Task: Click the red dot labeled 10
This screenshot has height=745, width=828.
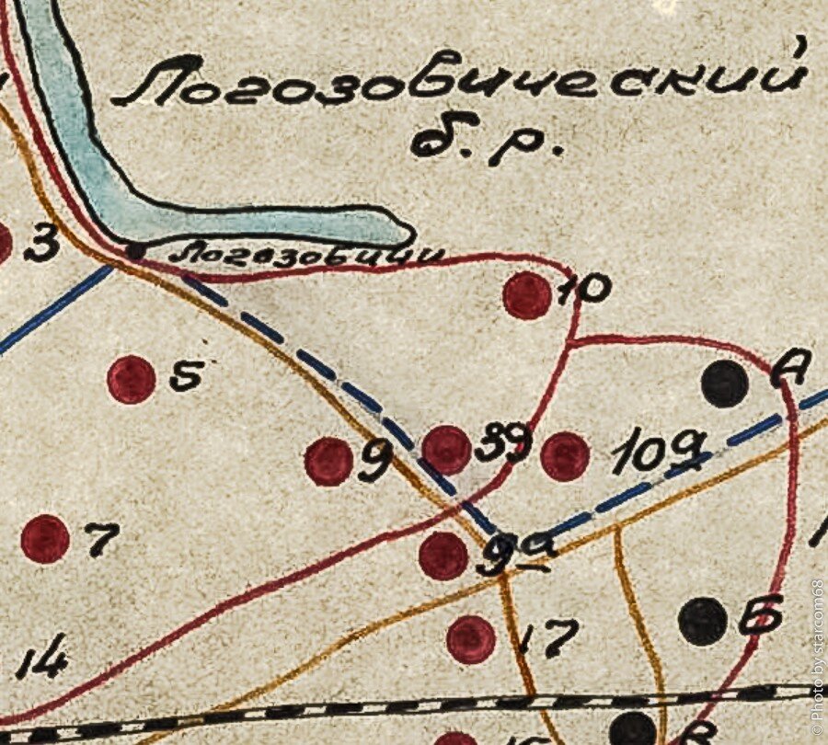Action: [527, 295]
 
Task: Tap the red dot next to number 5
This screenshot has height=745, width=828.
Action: [131, 380]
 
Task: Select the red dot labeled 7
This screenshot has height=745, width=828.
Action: [45, 538]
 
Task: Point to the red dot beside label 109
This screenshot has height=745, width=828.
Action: [565, 456]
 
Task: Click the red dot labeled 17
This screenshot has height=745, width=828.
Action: [471, 639]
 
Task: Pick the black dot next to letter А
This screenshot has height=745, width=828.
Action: [724, 384]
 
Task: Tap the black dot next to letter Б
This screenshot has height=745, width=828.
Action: [703, 621]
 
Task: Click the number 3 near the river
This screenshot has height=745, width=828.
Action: [41, 245]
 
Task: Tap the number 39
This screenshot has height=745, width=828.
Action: [503, 445]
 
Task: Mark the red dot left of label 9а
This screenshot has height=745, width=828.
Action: [443, 556]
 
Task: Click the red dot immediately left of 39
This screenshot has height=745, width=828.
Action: [447, 450]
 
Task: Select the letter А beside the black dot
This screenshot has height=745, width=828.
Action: [788, 369]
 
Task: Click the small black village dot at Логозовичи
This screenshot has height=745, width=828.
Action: [136, 249]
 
